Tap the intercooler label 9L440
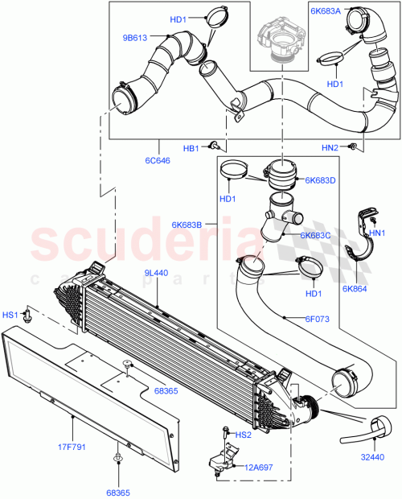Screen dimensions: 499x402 click(x=157, y=274)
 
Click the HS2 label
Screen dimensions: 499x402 click(x=242, y=435)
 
